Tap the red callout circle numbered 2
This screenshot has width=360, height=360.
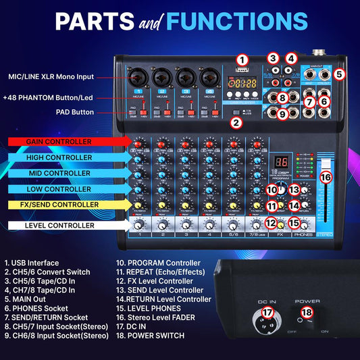236,122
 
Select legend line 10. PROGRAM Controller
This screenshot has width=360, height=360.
158,263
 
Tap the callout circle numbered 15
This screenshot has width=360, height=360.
294,222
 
